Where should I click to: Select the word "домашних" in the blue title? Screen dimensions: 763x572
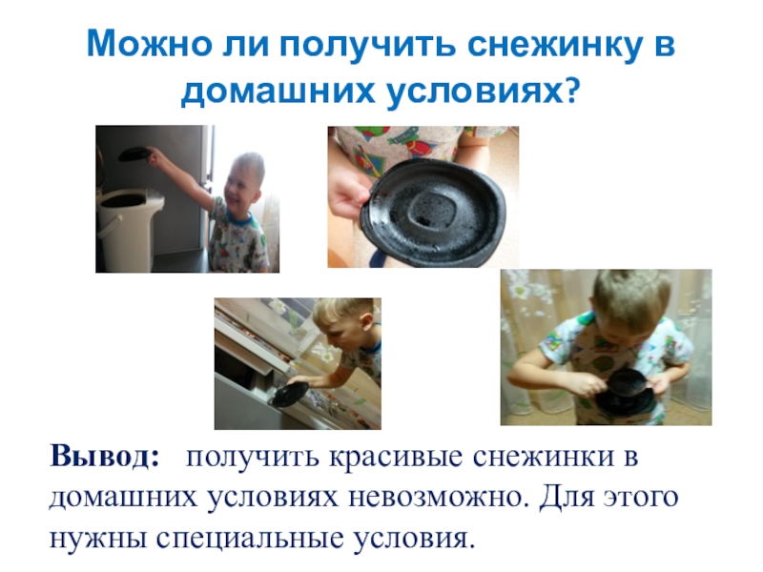click(278, 92)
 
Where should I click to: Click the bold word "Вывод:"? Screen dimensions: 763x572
click(105, 456)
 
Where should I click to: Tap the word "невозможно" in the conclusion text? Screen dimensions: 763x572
click(439, 497)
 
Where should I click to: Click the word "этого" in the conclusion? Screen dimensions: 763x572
click(641, 497)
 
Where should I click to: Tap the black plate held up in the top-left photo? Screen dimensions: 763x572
click(134, 153)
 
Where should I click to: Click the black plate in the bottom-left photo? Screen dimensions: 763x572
click(290, 394)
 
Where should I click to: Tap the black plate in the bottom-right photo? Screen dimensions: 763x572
click(625, 392)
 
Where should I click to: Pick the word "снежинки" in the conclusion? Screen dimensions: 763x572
click(543, 457)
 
